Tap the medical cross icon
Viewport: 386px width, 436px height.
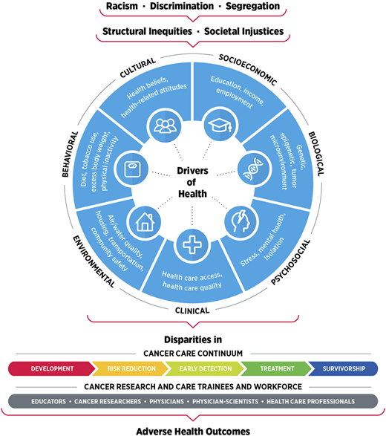pyautogui.click(x=193, y=244)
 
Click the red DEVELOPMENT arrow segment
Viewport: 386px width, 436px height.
pyautogui.click(x=52, y=368)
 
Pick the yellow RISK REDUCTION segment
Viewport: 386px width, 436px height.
pyautogui.click(x=125, y=368)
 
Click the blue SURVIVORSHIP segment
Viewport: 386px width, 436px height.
pyautogui.click(x=342, y=368)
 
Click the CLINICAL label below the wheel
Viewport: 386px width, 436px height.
pyautogui.click(x=193, y=310)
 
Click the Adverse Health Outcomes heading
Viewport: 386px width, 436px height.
pyautogui.click(x=192, y=429)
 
